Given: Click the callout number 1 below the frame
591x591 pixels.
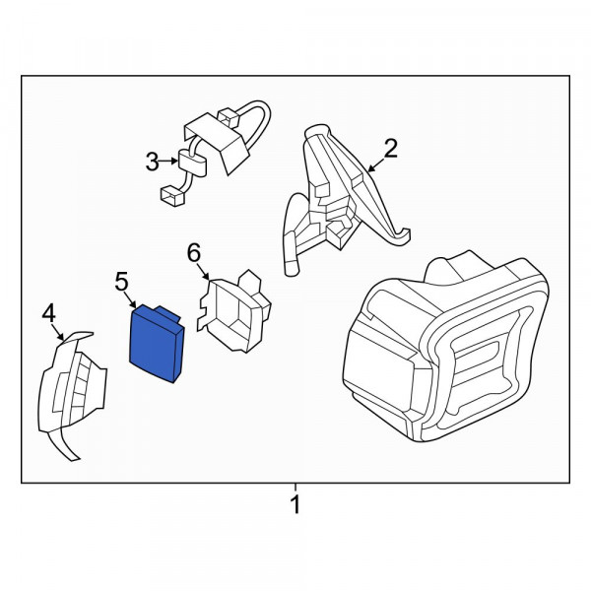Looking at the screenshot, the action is (x=295, y=504).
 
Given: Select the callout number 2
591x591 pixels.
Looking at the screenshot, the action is (x=390, y=148).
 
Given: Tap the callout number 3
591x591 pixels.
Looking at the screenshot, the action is (x=153, y=162).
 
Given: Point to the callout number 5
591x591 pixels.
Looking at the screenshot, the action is (x=121, y=282).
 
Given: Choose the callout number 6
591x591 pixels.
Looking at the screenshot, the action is (x=194, y=253).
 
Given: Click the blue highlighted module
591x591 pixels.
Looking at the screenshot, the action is (x=157, y=343).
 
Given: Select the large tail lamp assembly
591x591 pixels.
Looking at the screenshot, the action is (x=445, y=349).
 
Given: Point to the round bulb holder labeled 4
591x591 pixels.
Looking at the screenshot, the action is (x=72, y=392).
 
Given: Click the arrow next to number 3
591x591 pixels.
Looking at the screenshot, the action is (x=168, y=162).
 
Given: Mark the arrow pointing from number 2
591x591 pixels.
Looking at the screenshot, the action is (x=376, y=165).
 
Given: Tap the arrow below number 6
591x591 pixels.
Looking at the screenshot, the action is (x=204, y=272).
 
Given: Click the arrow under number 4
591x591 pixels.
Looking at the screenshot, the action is (x=58, y=333).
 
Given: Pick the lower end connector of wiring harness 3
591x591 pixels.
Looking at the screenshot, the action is (x=172, y=196).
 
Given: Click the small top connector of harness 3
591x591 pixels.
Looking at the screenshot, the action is (x=229, y=117).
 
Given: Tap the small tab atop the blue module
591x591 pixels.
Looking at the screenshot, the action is (x=168, y=313).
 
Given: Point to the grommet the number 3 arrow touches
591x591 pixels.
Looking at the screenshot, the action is (x=192, y=164).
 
